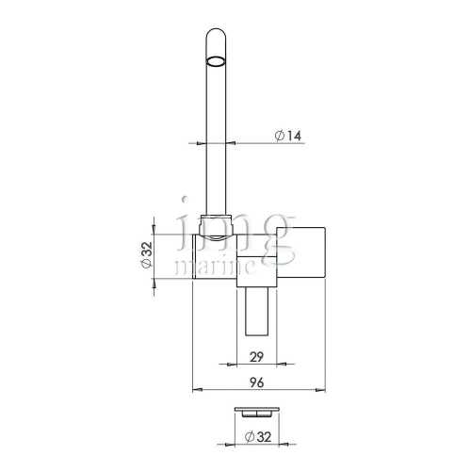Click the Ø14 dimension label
[x=287, y=136]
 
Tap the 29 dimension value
[x=256, y=357]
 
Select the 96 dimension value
[x=256, y=382]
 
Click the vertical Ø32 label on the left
[x=147, y=255]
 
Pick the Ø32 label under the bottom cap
[x=257, y=437]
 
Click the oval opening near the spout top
[x=216, y=61]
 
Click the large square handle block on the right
[x=300, y=252]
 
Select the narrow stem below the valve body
[x=257, y=312]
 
